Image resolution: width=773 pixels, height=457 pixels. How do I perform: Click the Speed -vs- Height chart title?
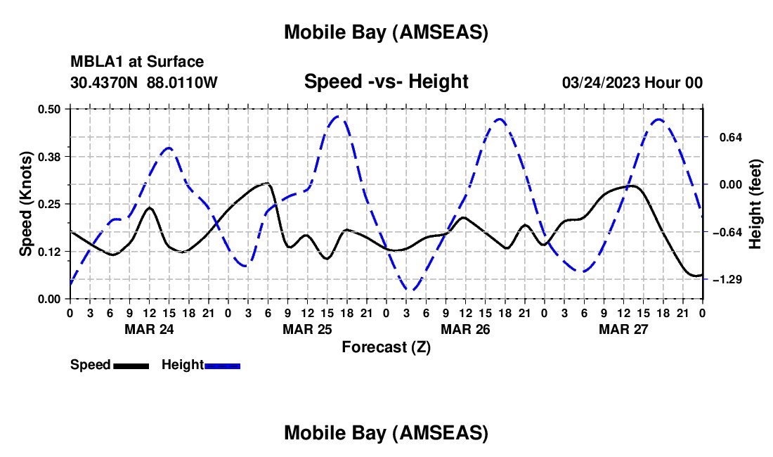point(386,82)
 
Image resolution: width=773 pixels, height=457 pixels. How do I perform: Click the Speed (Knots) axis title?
point(26,204)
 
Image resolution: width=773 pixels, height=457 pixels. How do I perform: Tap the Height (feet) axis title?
point(755,204)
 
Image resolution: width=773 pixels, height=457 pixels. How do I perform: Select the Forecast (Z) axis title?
point(386,347)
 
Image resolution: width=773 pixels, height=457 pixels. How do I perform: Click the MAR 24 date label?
point(149,329)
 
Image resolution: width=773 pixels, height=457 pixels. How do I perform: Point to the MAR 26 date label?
point(465,329)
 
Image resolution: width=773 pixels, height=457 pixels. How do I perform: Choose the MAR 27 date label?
point(623,329)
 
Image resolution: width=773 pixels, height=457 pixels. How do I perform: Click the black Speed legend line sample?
point(131,366)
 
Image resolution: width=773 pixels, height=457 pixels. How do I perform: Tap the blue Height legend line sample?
point(222,366)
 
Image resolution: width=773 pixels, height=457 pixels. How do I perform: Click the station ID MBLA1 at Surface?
point(137,62)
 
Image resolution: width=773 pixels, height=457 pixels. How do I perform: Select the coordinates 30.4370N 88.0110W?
point(144,82)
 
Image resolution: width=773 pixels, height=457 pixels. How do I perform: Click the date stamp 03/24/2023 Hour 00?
point(632,82)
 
